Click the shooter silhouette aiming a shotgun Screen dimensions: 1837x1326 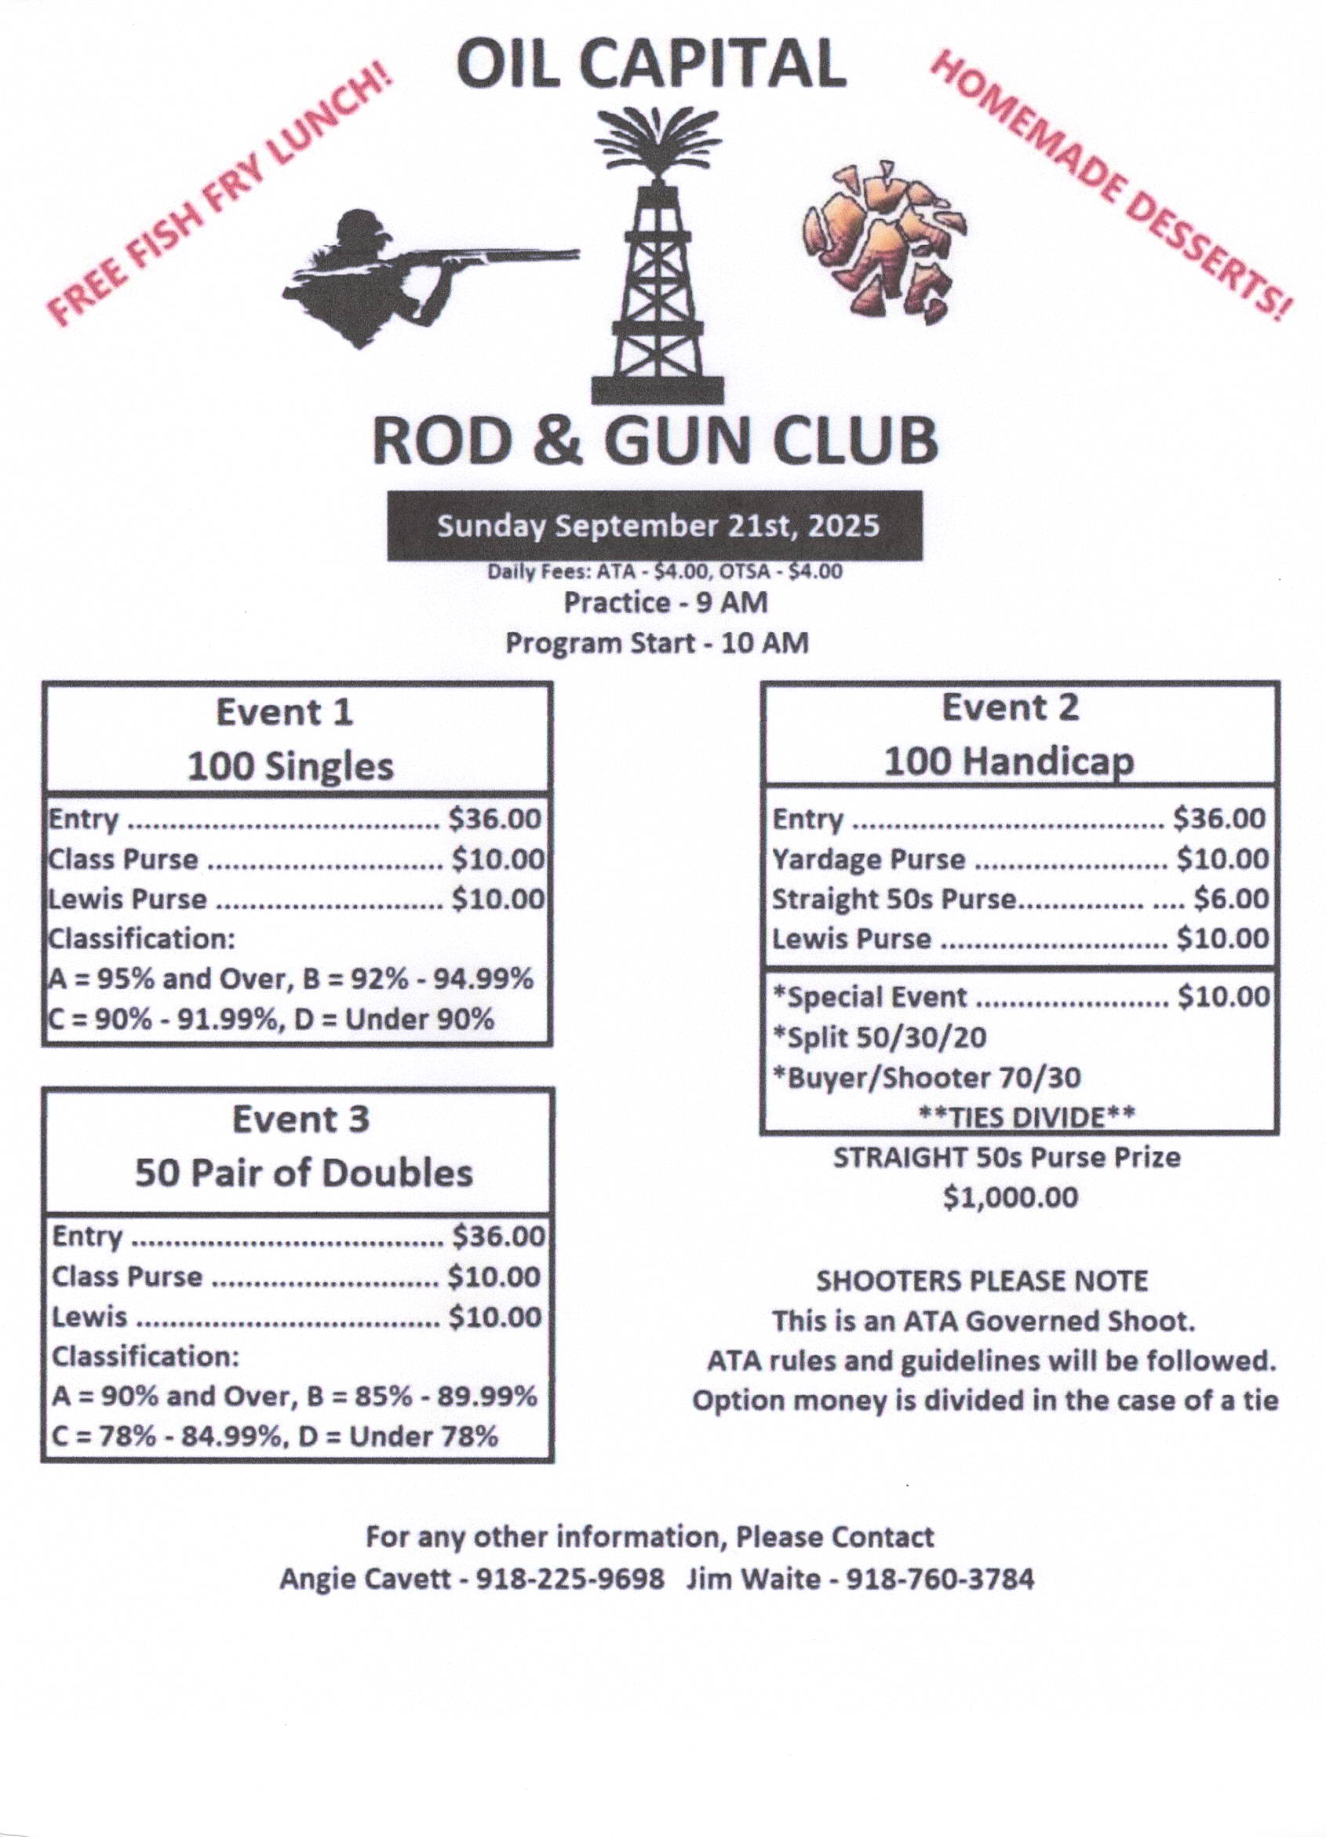[x=405, y=272]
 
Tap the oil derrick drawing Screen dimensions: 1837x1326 [x=658, y=259]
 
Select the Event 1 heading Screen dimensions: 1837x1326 [x=284, y=713]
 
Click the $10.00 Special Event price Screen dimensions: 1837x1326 [x=1223, y=996]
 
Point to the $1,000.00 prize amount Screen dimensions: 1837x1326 [x=1011, y=1197]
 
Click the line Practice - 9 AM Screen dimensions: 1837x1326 [x=665, y=604]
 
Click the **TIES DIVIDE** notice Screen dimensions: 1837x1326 [x=1027, y=1118]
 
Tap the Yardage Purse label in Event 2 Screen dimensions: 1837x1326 [x=869, y=859]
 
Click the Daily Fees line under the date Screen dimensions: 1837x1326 [x=664, y=572]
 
